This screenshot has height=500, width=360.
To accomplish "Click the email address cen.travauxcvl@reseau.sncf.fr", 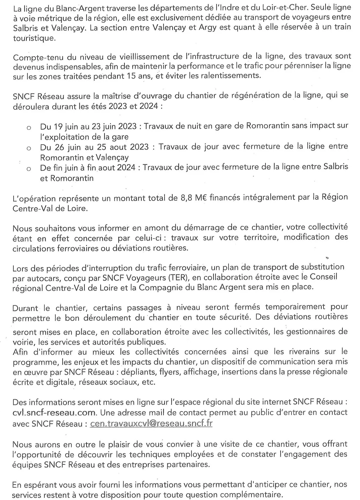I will pyautogui.click(x=151, y=423).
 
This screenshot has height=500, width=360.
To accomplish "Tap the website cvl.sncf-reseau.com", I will pyautogui.click(x=54, y=412).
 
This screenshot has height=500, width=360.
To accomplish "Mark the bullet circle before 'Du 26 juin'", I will pyautogui.click(x=29, y=148).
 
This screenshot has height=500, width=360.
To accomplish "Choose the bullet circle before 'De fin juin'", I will pyautogui.click(x=29, y=169).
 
